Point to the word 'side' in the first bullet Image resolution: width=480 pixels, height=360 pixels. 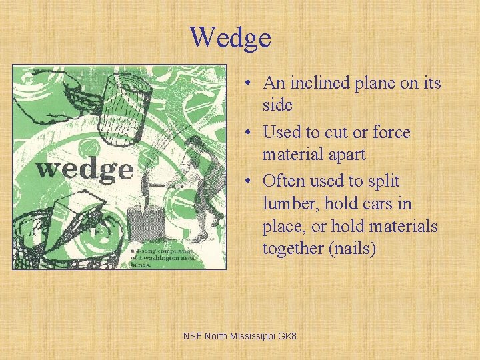(277, 105)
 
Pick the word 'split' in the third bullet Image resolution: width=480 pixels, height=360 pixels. (382, 181)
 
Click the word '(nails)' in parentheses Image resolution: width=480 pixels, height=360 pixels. (354, 249)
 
